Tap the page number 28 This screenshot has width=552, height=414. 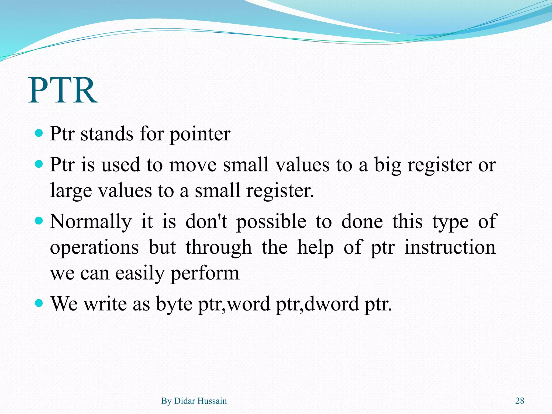(x=520, y=401)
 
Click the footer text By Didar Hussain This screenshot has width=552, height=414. (x=194, y=401)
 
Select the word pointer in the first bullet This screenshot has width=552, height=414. (x=200, y=134)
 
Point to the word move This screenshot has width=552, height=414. (x=193, y=165)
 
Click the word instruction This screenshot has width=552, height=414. (x=450, y=247)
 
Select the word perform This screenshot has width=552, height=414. (x=205, y=273)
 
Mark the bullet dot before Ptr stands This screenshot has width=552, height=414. (x=39, y=133)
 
